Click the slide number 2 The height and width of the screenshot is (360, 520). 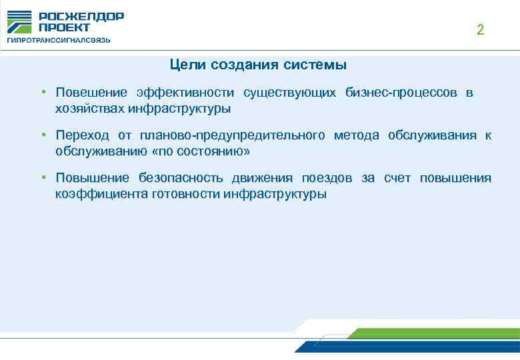[480, 30]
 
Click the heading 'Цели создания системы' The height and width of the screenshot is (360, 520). [258, 65]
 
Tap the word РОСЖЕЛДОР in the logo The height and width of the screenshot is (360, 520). [81, 17]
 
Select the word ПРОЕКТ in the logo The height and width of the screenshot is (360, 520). [64, 28]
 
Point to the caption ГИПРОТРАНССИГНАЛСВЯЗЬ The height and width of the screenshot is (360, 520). [59, 40]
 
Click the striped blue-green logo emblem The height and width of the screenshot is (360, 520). [19, 22]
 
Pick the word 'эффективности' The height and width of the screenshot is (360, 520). [185, 92]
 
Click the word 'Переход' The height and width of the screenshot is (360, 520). [82, 136]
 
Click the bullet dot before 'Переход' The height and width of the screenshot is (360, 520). [42, 135]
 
